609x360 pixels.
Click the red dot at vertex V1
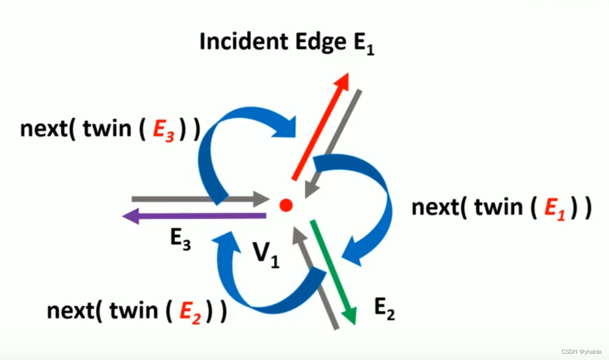click(x=286, y=205)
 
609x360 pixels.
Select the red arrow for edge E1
click(x=319, y=127)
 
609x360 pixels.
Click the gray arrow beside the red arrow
click(x=333, y=143)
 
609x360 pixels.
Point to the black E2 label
click(x=385, y=309)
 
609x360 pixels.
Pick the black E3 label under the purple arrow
click(x=180, y=240)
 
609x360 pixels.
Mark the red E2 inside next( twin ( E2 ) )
click(x=191, y=312)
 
